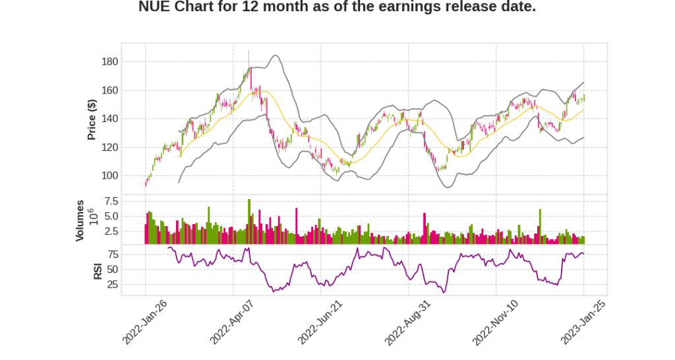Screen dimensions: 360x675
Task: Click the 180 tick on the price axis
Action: tap(109, 62)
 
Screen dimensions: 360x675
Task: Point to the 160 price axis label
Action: tap(109, 90)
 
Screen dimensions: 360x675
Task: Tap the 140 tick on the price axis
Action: tap(109, 119)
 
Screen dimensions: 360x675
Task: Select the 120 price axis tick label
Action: tap(109, 147)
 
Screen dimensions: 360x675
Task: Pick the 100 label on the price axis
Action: tap(109, 175)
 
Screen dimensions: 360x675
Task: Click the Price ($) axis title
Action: tap(92, 119)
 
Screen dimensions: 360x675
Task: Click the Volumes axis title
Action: tap(80, 220)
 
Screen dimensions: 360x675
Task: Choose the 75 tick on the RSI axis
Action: tap(112, 255)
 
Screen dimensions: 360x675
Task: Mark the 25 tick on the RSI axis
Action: tap(112, 285)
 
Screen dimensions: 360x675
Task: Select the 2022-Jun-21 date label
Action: tap(320, 322)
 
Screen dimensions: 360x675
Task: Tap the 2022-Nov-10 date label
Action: tap(495, 322)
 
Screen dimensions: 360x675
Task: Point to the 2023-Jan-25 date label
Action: tap(583, 322)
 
